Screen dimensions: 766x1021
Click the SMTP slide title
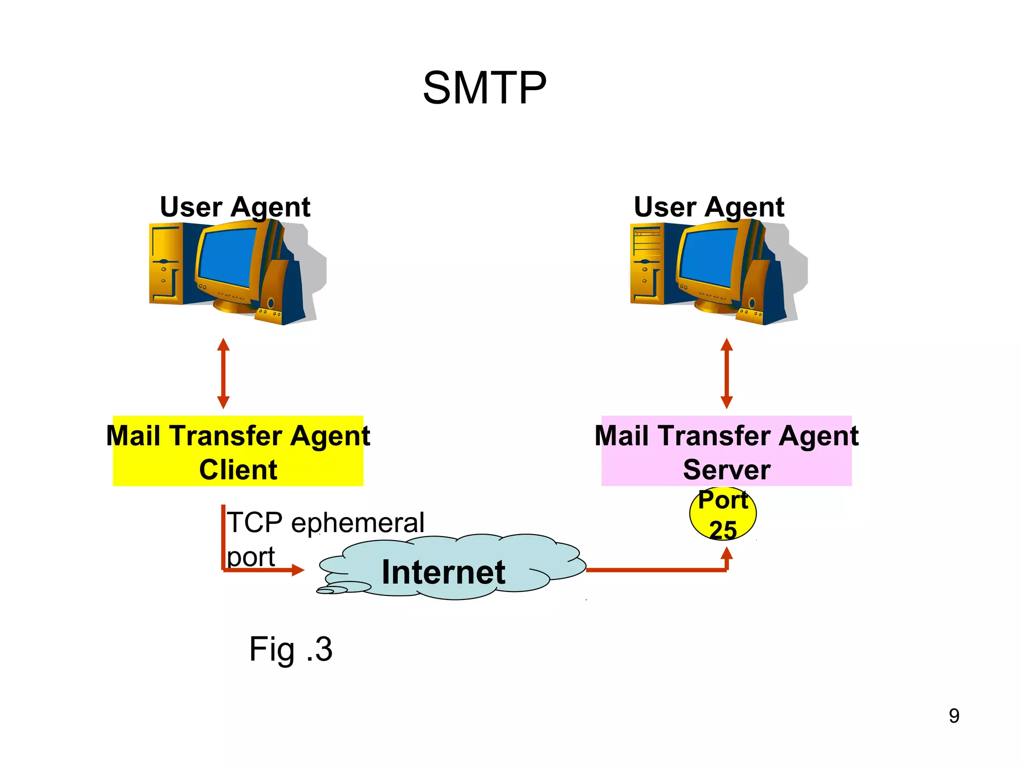(x=485, y=88)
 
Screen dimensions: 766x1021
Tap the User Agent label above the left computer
(x=235, y=206)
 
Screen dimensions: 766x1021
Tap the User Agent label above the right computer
(x=708, y=206)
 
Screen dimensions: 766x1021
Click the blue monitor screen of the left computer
(x=227, y=257)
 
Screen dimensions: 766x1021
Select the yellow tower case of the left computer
(x=165, y=264)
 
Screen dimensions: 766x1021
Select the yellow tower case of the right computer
(x=646, y=264)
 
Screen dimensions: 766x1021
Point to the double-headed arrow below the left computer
(x=223, y=374)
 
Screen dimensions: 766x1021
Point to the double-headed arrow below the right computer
(x=726, y=374)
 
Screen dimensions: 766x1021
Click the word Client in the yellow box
(x=238, y=470)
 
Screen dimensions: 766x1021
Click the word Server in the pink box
(x=726, y=470)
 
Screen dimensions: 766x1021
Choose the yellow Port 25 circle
(x=723, y=514)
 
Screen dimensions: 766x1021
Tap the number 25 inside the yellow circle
(x=723, y=530)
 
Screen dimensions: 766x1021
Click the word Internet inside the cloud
(x=443, y=572)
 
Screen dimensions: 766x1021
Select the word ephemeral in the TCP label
(x=357, y=523)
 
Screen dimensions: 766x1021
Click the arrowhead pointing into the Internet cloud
(x=298, y=570)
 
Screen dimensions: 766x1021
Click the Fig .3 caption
(x=291, y=649)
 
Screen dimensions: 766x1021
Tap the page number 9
(x=954, y=716)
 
